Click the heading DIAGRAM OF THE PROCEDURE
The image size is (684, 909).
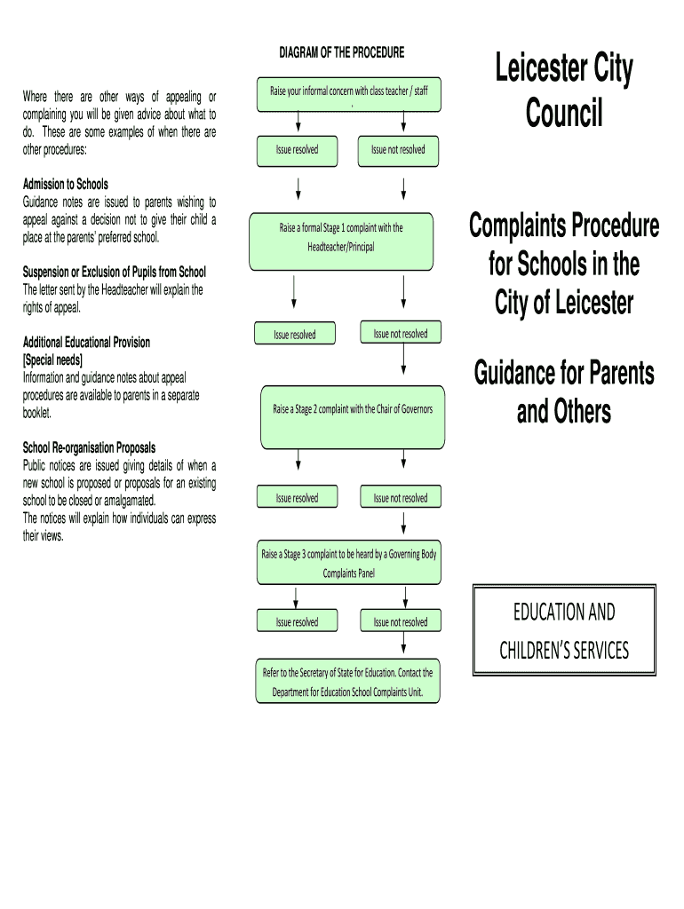341,52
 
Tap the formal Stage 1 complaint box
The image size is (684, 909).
341,240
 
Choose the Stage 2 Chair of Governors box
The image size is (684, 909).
352,415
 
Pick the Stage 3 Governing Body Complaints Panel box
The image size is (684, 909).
348,564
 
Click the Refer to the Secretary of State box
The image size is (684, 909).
348,682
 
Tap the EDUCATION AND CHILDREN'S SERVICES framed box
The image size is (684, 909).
563,631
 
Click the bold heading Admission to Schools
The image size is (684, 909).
65,185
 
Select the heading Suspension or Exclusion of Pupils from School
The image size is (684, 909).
114,272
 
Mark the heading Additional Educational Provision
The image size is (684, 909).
86,342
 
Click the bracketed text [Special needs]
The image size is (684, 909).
52,360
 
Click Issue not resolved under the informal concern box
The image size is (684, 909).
398,150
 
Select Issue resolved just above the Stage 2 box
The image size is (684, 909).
294,335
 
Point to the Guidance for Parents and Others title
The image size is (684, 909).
563,391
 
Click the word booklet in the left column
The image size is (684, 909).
37,413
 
